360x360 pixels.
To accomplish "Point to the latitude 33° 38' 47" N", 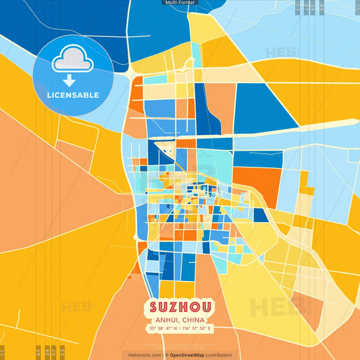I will tap(164, 329).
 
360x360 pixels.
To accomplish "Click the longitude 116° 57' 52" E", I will tap(197, 329).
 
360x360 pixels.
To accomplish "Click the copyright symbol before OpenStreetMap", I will tap(166, 355).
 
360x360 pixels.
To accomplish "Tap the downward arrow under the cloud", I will tap(67, 79).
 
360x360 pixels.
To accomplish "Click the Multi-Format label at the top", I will tap(180, 3).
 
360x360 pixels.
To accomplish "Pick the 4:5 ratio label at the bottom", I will tap(37, 352).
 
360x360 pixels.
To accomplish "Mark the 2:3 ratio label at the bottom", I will tap(63, 352).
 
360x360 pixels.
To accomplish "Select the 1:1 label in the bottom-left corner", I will tap(3, 352).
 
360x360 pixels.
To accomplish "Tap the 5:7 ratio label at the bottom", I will tap(54, 352).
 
